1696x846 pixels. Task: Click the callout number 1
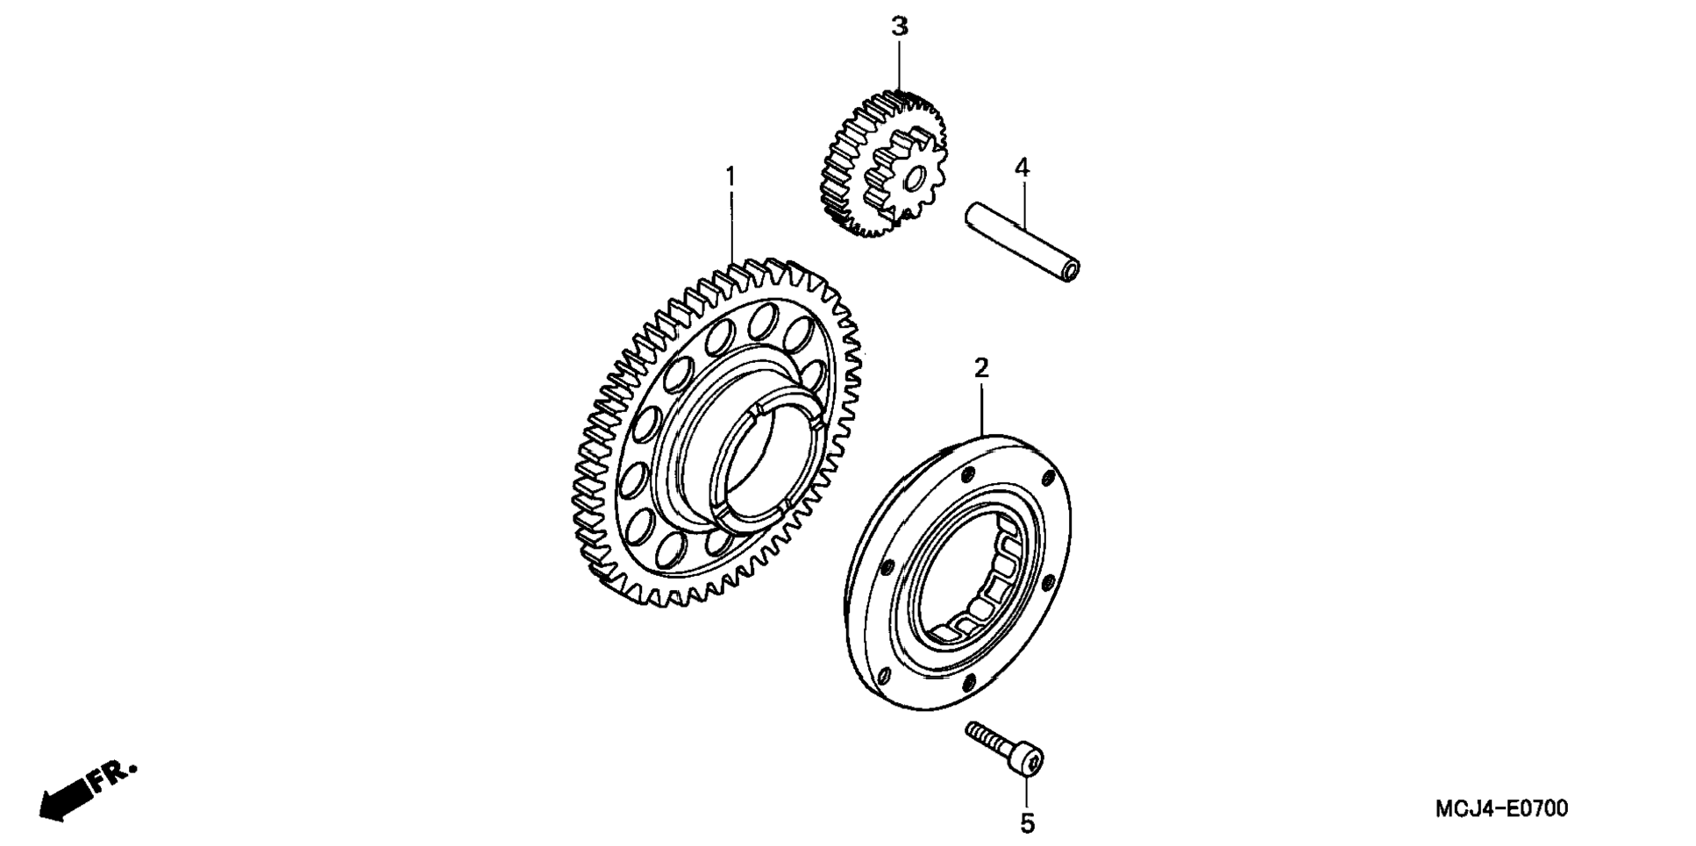[730, 177]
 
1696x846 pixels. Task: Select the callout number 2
[981, 367]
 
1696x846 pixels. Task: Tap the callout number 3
[900, 27]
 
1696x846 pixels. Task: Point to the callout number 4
[1022, 167]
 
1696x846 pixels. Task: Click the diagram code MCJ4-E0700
[1500, 808]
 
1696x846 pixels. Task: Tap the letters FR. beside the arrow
[114, 775]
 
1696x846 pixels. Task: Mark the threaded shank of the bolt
[986, 736]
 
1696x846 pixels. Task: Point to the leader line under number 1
[730, 228]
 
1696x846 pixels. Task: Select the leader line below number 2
[981, 408]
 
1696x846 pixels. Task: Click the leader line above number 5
[1027, 793]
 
